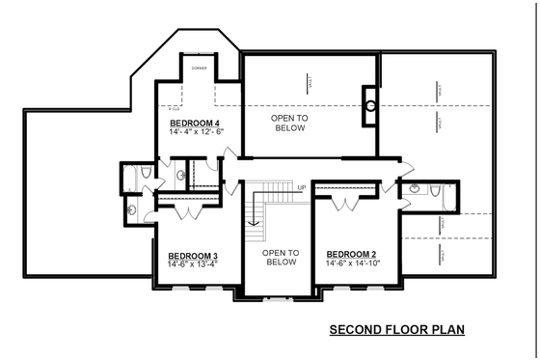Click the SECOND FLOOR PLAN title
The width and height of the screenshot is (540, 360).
coord(396,329)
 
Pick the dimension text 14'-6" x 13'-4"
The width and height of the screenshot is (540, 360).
coord(187,264)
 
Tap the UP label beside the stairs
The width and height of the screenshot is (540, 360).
coord(302,187)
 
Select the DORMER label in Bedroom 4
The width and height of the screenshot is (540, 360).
coord(199,69)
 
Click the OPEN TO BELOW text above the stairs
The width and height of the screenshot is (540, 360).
coord(288,122)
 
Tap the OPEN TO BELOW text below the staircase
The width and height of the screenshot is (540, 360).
coord(280,257)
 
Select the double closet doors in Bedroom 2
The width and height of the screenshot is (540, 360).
coord(341,204)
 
